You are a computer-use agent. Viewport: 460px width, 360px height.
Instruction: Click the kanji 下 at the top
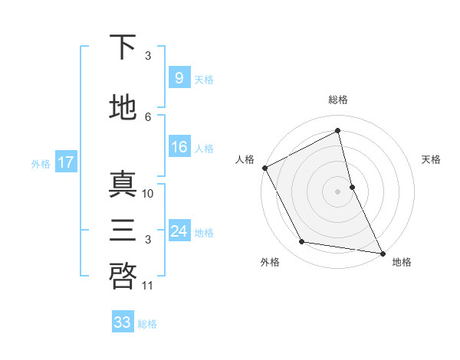123,47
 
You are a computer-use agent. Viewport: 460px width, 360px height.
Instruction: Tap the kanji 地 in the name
123,107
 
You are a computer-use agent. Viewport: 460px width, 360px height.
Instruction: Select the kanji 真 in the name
123,184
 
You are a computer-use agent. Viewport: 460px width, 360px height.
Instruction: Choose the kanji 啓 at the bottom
123,277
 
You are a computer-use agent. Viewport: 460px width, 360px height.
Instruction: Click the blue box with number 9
179,78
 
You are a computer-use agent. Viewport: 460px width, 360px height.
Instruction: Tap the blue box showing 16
179,147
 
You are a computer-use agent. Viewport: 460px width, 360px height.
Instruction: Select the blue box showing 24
179,231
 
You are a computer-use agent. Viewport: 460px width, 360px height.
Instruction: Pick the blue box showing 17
65,162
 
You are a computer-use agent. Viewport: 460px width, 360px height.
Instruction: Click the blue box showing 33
122,322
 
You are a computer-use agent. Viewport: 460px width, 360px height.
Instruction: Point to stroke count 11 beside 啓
148,286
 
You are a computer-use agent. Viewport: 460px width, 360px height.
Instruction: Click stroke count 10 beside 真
148,193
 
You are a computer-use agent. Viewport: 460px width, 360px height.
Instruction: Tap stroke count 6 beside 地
148,116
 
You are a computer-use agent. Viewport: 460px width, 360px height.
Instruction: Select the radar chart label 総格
338,100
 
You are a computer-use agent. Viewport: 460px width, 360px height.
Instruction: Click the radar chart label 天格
432,159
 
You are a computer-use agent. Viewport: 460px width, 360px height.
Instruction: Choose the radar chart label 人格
245,159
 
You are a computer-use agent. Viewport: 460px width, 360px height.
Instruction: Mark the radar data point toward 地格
382,253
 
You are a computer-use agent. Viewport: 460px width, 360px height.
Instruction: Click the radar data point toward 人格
264,168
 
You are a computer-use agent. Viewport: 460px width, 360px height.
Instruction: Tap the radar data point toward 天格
352,187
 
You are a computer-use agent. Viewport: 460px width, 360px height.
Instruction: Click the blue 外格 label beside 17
40,163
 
